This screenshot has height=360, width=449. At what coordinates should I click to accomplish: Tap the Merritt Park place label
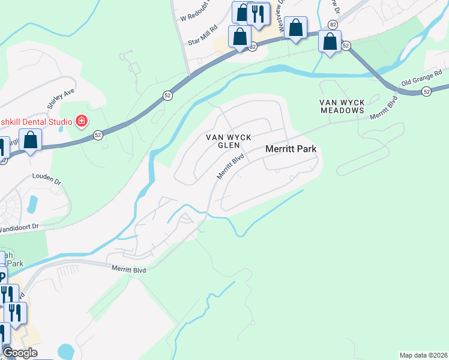tap(291, 149)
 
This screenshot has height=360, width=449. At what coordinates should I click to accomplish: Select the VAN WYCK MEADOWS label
tap(342, 106)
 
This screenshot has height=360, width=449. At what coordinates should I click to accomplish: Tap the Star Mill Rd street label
tap(201, 39)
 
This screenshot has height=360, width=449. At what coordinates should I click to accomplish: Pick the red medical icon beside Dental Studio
tap(82, 122)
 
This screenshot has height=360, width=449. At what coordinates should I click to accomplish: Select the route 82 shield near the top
tap(333, 25)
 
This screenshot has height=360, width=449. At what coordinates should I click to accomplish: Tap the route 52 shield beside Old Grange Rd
tap(426, 91)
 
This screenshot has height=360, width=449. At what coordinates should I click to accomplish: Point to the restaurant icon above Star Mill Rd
tap(258, 13)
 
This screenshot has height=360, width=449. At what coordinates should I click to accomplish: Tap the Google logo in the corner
tap(20, 353)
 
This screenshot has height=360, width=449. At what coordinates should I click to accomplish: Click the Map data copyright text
tap(423, 355)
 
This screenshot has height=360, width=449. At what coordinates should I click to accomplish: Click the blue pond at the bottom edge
tap(65, 352)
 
